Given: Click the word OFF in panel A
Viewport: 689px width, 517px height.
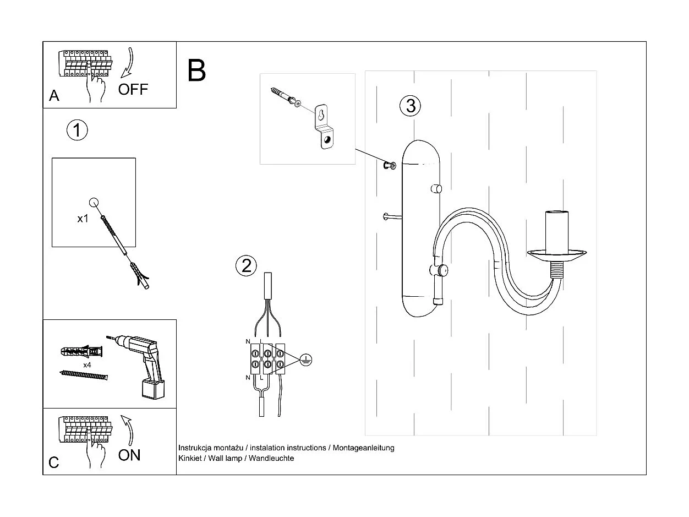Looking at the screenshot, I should click(133, 89).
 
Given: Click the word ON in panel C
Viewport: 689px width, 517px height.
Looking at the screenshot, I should click(129, 455).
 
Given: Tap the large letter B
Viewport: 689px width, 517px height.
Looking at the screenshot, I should click(196, 70).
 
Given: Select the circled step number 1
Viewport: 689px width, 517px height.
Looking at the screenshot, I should click(77, 130).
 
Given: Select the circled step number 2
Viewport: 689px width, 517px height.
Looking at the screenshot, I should click(246, 266).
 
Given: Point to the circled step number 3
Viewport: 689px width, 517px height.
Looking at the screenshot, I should click(411, 105).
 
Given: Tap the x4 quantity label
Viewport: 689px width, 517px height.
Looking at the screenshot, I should click(87, 365).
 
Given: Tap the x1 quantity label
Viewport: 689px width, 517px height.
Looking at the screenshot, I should click(83, 219).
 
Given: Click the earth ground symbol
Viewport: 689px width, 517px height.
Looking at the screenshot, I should click(307, 360).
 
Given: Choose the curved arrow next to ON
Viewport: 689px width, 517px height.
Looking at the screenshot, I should click(128, 429).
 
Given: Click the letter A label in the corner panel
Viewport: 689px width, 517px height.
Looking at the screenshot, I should click(54, 96).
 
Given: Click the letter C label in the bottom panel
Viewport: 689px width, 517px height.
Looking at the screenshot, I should click(54, 462).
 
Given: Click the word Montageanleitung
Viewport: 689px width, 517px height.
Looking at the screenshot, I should click(363, 448).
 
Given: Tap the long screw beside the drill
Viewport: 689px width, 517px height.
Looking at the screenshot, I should click(84, 375).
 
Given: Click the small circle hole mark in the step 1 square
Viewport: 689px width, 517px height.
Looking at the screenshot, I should click(94, 202).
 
